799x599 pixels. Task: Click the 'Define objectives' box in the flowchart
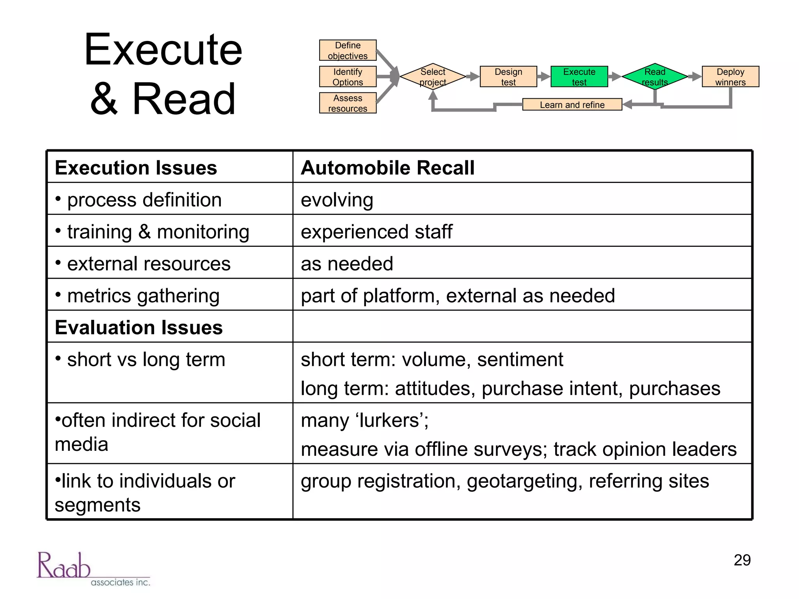coord(348,50)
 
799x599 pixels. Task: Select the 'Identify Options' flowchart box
coord(348,76)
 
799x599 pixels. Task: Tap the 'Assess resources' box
coord(348,103)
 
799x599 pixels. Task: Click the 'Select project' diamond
coord(433,76)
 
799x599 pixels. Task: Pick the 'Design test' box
coord(508,76)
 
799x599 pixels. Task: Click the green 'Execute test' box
coord(579,76)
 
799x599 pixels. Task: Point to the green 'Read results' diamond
coord(655,76)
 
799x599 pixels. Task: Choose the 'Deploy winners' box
coord(730,76)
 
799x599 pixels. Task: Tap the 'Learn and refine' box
coord(572,105)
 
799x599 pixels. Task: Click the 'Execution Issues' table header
coord(136,168)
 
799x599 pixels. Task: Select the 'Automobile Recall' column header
coord(388,168)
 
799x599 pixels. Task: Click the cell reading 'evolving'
coord(337,200)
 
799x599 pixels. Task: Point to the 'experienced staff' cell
coord(376,232)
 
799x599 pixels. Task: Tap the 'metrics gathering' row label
coord(143,296)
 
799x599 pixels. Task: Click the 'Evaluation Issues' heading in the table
coord(139,327)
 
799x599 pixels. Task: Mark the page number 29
coord(742,560)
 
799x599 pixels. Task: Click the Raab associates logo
coord(93,569)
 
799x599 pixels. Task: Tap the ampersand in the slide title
coord(104,99)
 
